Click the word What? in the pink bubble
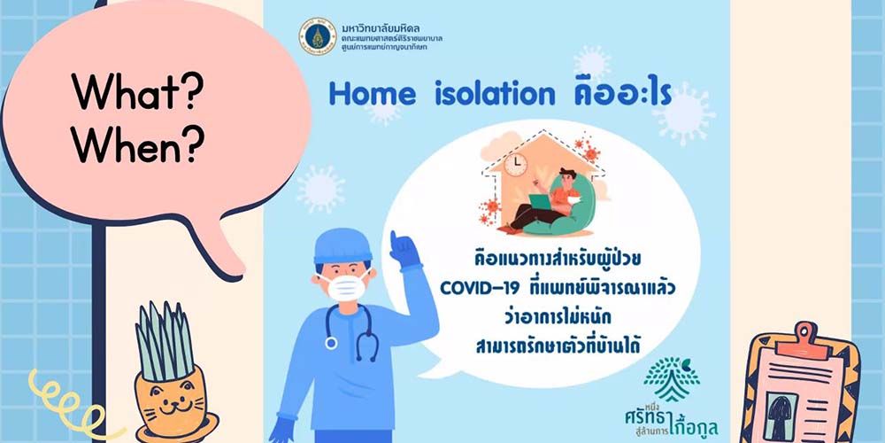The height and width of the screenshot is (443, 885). pyautogui.click(x=138, y=92)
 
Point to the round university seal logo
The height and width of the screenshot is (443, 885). pyautogui.click(x=317, y=35)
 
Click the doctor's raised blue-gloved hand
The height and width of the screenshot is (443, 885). pyautogui.click(x=406, y=250)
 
